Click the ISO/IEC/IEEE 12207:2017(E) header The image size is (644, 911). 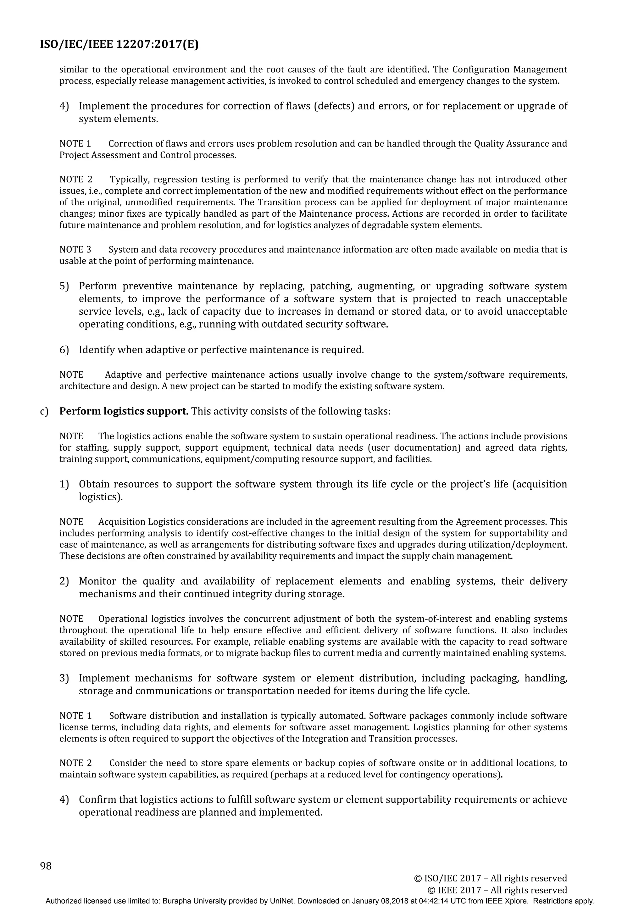click(x=119, y=44)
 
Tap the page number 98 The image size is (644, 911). click(x=46, y=866)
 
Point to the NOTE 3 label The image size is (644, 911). click(x=75, y=250)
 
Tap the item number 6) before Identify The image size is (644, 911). click(x=64, y=350)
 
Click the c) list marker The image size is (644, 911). click(x=44, y=411)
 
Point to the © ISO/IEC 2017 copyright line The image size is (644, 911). click(x=491, y=879)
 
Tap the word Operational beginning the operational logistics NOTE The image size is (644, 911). click(x=122, y=619)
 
